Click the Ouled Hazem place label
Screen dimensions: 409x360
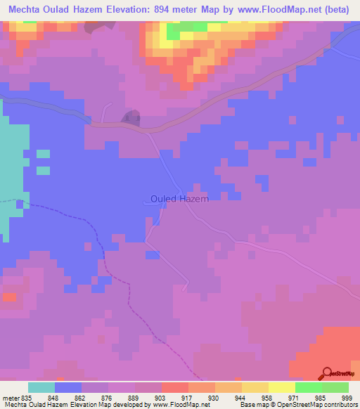click(x=180, y=199)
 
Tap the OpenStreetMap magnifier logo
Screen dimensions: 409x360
click(x=326, y=372)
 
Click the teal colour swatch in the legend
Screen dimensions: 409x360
click(x=41, y=387)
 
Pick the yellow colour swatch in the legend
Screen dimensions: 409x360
click(x=281, y=387)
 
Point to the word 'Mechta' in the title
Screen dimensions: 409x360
click(x=22, y=11)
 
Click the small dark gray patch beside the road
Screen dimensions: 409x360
click(x=130, y=118)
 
